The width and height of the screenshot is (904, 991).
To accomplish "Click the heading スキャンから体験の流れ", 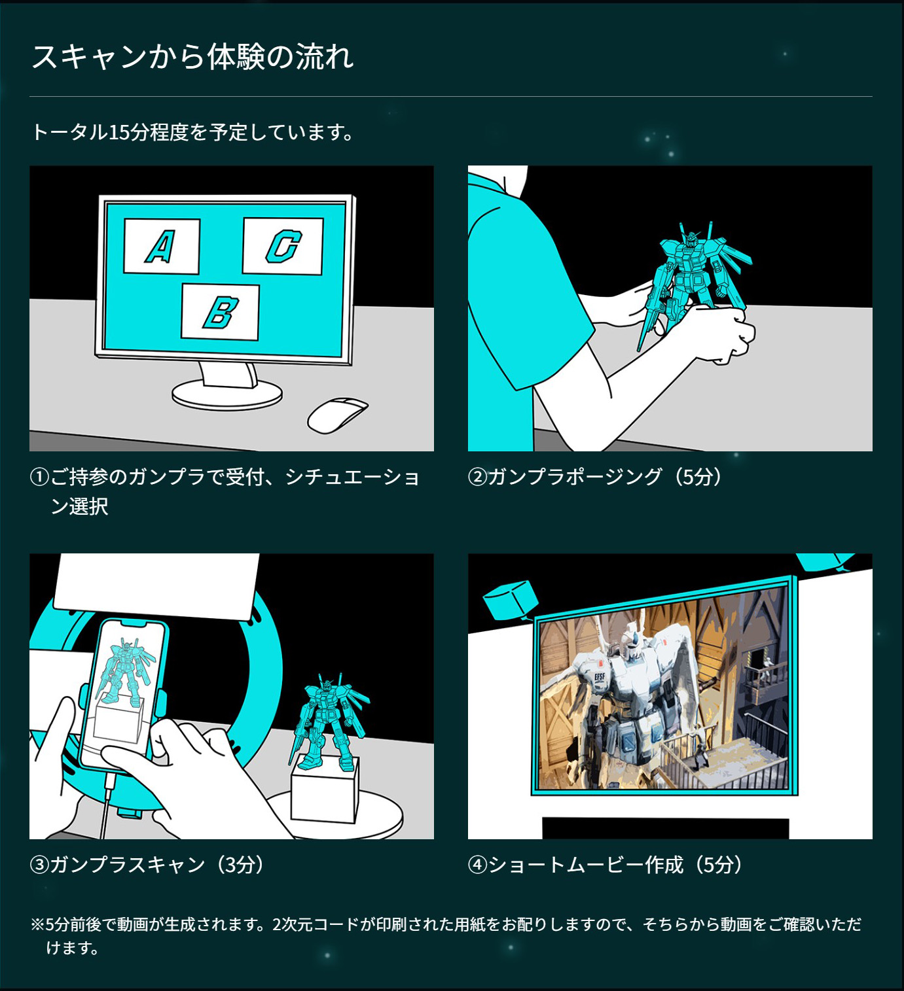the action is coord(192,57).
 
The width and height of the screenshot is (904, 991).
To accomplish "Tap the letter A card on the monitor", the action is coord(161,246).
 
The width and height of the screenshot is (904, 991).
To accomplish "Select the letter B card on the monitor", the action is coord(220,312).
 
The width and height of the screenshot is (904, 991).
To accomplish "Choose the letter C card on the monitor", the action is coord(283,245).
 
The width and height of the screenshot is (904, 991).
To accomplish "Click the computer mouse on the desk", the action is coord(337,415).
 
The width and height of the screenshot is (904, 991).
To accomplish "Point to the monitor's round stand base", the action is coord(227,394).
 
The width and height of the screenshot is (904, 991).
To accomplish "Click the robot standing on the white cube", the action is coord(329,722).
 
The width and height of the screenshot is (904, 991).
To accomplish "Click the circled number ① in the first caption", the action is coord(39,478).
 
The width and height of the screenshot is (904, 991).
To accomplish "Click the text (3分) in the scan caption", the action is coord(240,865).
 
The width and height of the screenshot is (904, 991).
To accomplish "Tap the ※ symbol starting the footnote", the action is coord(38,924).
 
